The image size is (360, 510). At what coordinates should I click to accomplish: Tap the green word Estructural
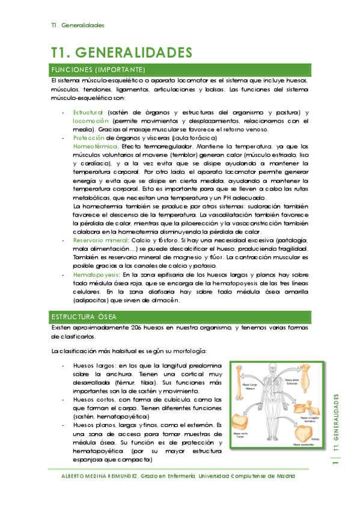pyautogui.click(x=88, y=112)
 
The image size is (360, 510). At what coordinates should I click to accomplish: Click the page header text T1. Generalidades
pyautogui.click(x=78, y=26)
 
